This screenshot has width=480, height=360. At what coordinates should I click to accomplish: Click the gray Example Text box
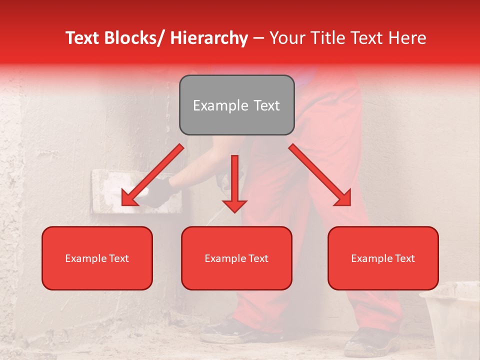coord(236,105)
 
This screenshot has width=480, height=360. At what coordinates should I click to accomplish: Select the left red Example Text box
coord(97,258)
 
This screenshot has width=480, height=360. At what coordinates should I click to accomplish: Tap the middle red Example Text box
coord(236,258)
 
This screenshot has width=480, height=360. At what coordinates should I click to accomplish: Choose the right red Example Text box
coord(383,258)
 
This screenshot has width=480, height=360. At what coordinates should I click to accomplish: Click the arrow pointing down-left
coord(152,175)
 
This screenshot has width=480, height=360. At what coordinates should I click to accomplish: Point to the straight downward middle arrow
coord(234,182)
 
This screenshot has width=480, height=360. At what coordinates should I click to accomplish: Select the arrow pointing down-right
coord(320,175)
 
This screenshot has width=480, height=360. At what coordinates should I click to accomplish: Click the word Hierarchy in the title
coord(209,38)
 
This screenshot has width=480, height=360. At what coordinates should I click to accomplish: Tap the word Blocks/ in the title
coord(134,38)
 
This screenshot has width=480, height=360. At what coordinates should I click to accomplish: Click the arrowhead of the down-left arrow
coord(129,198)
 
